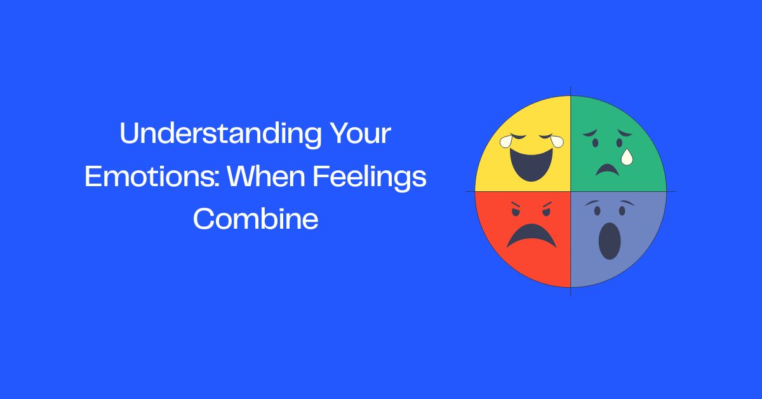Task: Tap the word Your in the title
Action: pyautogui.click(x=360, y=135)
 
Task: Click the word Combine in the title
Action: pyautogui.click(x=255, y=219)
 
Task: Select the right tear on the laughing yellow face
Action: pyautogui.click(x=556, y=140)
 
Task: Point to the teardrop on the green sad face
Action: pyautogui.click(x=627, y=156)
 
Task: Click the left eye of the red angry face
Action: pyautogui.click(x=516, y=212)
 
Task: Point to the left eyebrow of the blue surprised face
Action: pyautogui.click(x=595, y=203)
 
